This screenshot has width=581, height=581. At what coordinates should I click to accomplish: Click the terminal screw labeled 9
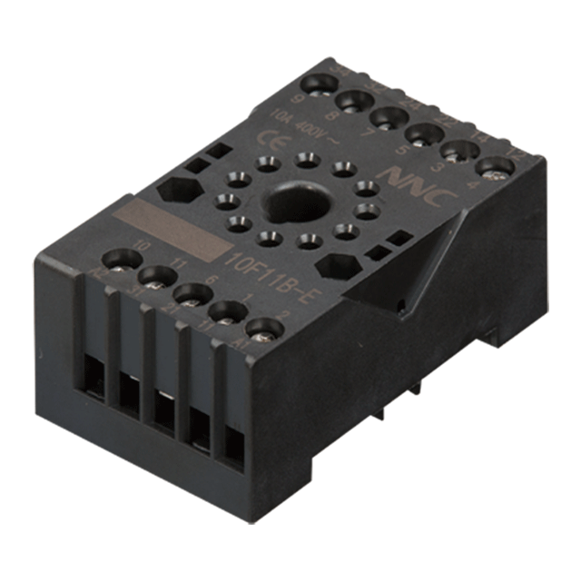pos(317,84)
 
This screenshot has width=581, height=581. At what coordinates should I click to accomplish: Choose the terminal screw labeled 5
pos(423,135)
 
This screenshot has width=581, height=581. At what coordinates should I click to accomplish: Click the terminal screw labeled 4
pos(495,167)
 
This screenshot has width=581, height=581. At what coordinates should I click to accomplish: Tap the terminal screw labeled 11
pos(157,277)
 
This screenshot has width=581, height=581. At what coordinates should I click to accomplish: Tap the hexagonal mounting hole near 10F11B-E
pos(338,266)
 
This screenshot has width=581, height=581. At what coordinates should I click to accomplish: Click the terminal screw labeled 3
pos(459,151)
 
